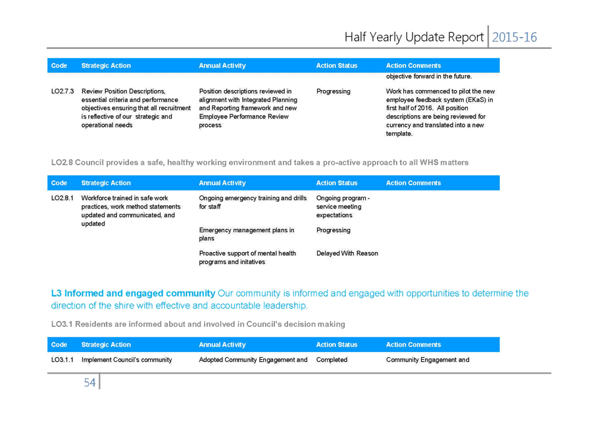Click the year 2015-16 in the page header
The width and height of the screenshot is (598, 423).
(514, 37)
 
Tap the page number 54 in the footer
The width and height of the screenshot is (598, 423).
(89, 382)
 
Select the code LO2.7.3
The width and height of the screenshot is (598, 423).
(62, 91)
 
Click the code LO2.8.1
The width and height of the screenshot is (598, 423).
(62, 198)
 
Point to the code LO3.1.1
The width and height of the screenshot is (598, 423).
(62, 360)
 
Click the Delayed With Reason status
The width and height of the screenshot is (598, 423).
(347, 253)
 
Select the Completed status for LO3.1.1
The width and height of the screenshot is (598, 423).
(332, 360)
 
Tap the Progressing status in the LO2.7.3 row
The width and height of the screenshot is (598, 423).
(334, 91)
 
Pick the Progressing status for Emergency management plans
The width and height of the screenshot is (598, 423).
(334, 230)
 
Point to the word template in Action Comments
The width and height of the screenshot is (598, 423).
(399, 134)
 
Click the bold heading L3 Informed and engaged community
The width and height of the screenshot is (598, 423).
(133, 293)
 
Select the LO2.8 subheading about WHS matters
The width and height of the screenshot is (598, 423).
(260, 162)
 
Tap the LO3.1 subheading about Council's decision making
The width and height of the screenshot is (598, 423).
(198, 324)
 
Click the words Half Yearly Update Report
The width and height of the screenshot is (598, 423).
(414, 37)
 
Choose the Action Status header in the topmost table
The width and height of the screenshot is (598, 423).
(337, 66)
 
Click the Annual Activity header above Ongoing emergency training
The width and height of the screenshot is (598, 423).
(222, 183)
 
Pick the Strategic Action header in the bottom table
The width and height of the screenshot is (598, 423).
(106, 345)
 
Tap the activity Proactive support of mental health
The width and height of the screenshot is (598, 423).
(247, 253)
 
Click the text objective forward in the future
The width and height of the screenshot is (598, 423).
(429, 76)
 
